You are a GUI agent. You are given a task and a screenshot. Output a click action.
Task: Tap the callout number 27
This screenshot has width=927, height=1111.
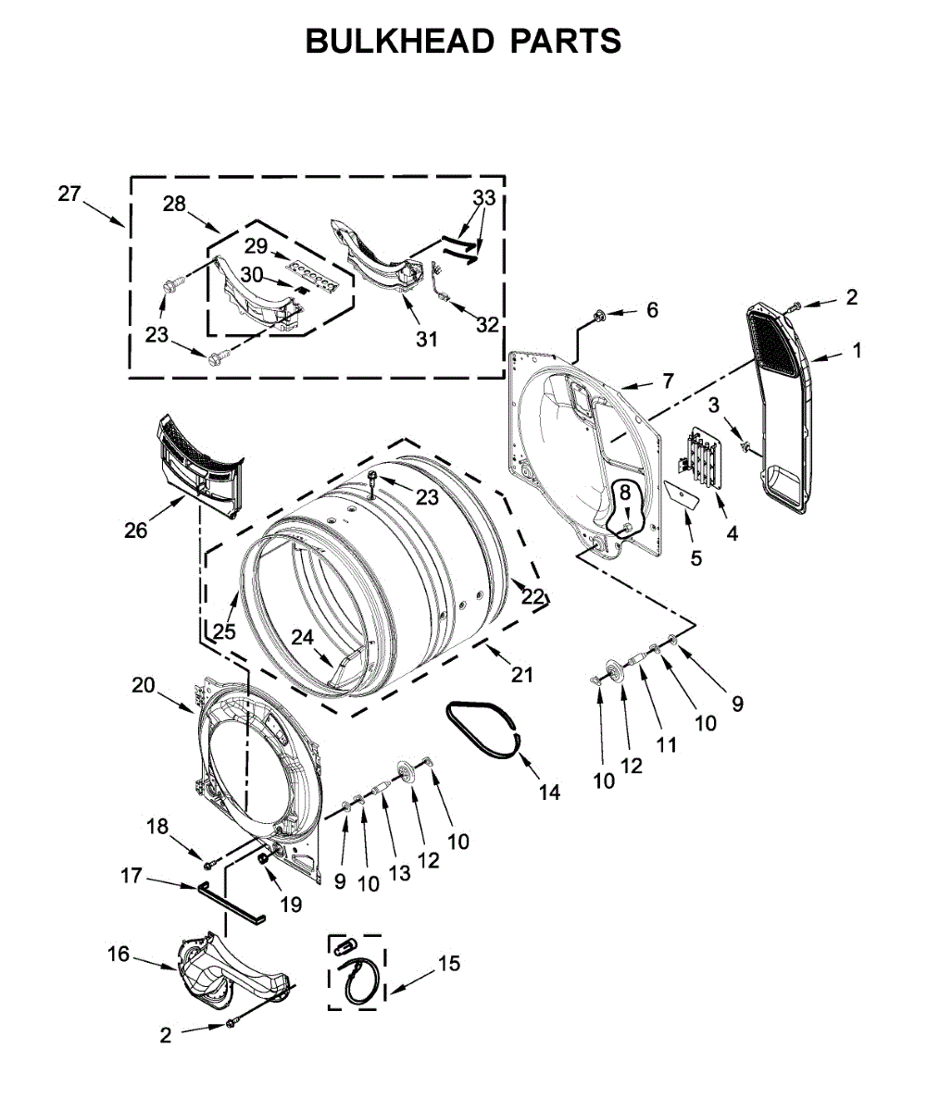pyautogui.click(x=69, y=193)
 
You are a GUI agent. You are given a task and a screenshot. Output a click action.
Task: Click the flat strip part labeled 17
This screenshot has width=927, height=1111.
pyautogui.click(x=230, y=902)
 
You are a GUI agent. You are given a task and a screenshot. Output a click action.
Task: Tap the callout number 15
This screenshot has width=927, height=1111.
pyautogui.click(x=448, y=964)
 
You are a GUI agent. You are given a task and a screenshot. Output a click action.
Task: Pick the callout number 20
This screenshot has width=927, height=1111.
pyautogui.click(x=143, y=685)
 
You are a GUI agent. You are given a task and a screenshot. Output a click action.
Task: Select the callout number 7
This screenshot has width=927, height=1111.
pyautogui.click(x=668, y=380)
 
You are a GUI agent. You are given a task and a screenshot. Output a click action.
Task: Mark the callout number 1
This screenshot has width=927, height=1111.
pyautogui.click(x=857, y=351)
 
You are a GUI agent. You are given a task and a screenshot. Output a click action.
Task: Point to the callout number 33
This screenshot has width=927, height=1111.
pyautogui.click(x=483, y=198)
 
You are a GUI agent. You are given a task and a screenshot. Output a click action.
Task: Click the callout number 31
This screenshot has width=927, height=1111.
pyautogui.click(x=426, y=339)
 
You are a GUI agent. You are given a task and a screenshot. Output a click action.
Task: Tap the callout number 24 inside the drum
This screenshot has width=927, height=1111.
pyautogui.click(x=302, y=637)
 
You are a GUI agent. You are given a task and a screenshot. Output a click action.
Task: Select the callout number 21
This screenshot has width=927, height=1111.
pyautogui.click(x=522, y=676)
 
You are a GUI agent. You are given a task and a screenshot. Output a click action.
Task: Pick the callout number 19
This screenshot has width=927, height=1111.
pyautogui.click(x=291, y=905)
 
